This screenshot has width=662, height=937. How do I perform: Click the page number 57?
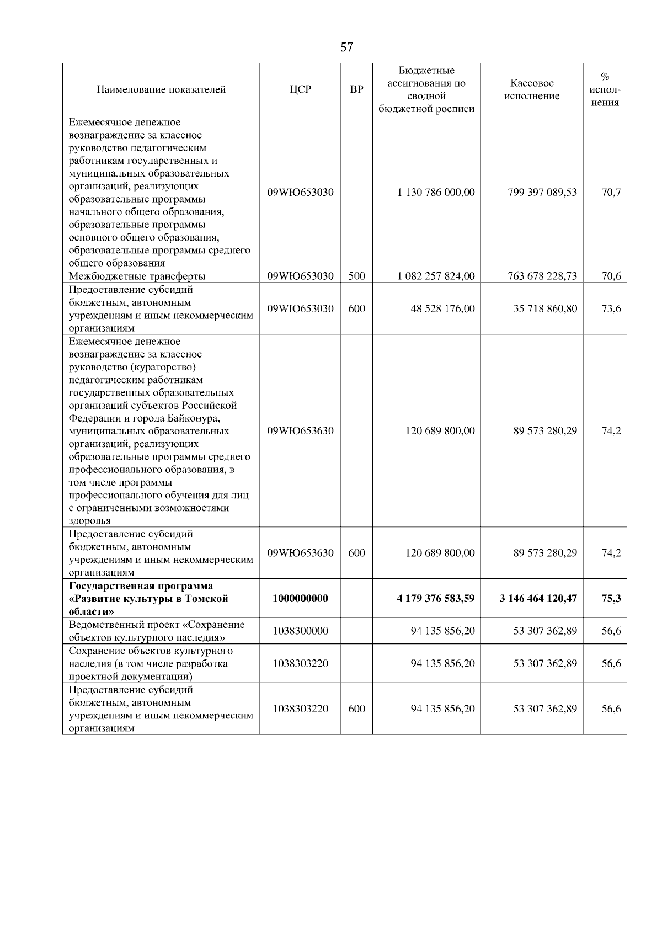(346, 47)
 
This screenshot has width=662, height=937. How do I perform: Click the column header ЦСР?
(300, 89)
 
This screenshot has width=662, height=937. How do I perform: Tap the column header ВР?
(357, 89)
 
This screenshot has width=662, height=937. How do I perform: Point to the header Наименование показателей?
(161, 89)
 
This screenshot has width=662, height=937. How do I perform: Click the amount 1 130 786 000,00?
(435, 193)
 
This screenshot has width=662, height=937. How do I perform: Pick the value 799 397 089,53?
(542, 193)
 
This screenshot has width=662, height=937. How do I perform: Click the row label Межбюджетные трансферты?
(137, 276)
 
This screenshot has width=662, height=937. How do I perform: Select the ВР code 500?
(357, 276)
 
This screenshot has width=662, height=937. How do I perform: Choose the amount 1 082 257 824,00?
(435, 276)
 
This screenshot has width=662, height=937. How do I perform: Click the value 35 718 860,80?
(545, 308)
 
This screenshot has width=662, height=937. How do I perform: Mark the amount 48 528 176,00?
(442, 308)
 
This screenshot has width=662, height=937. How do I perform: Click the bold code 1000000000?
(300, 599)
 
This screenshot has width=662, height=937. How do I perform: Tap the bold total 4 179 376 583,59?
(435, 599)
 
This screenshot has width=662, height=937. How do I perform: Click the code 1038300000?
(300, 631)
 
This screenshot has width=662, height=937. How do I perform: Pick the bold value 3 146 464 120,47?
(538, 599)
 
